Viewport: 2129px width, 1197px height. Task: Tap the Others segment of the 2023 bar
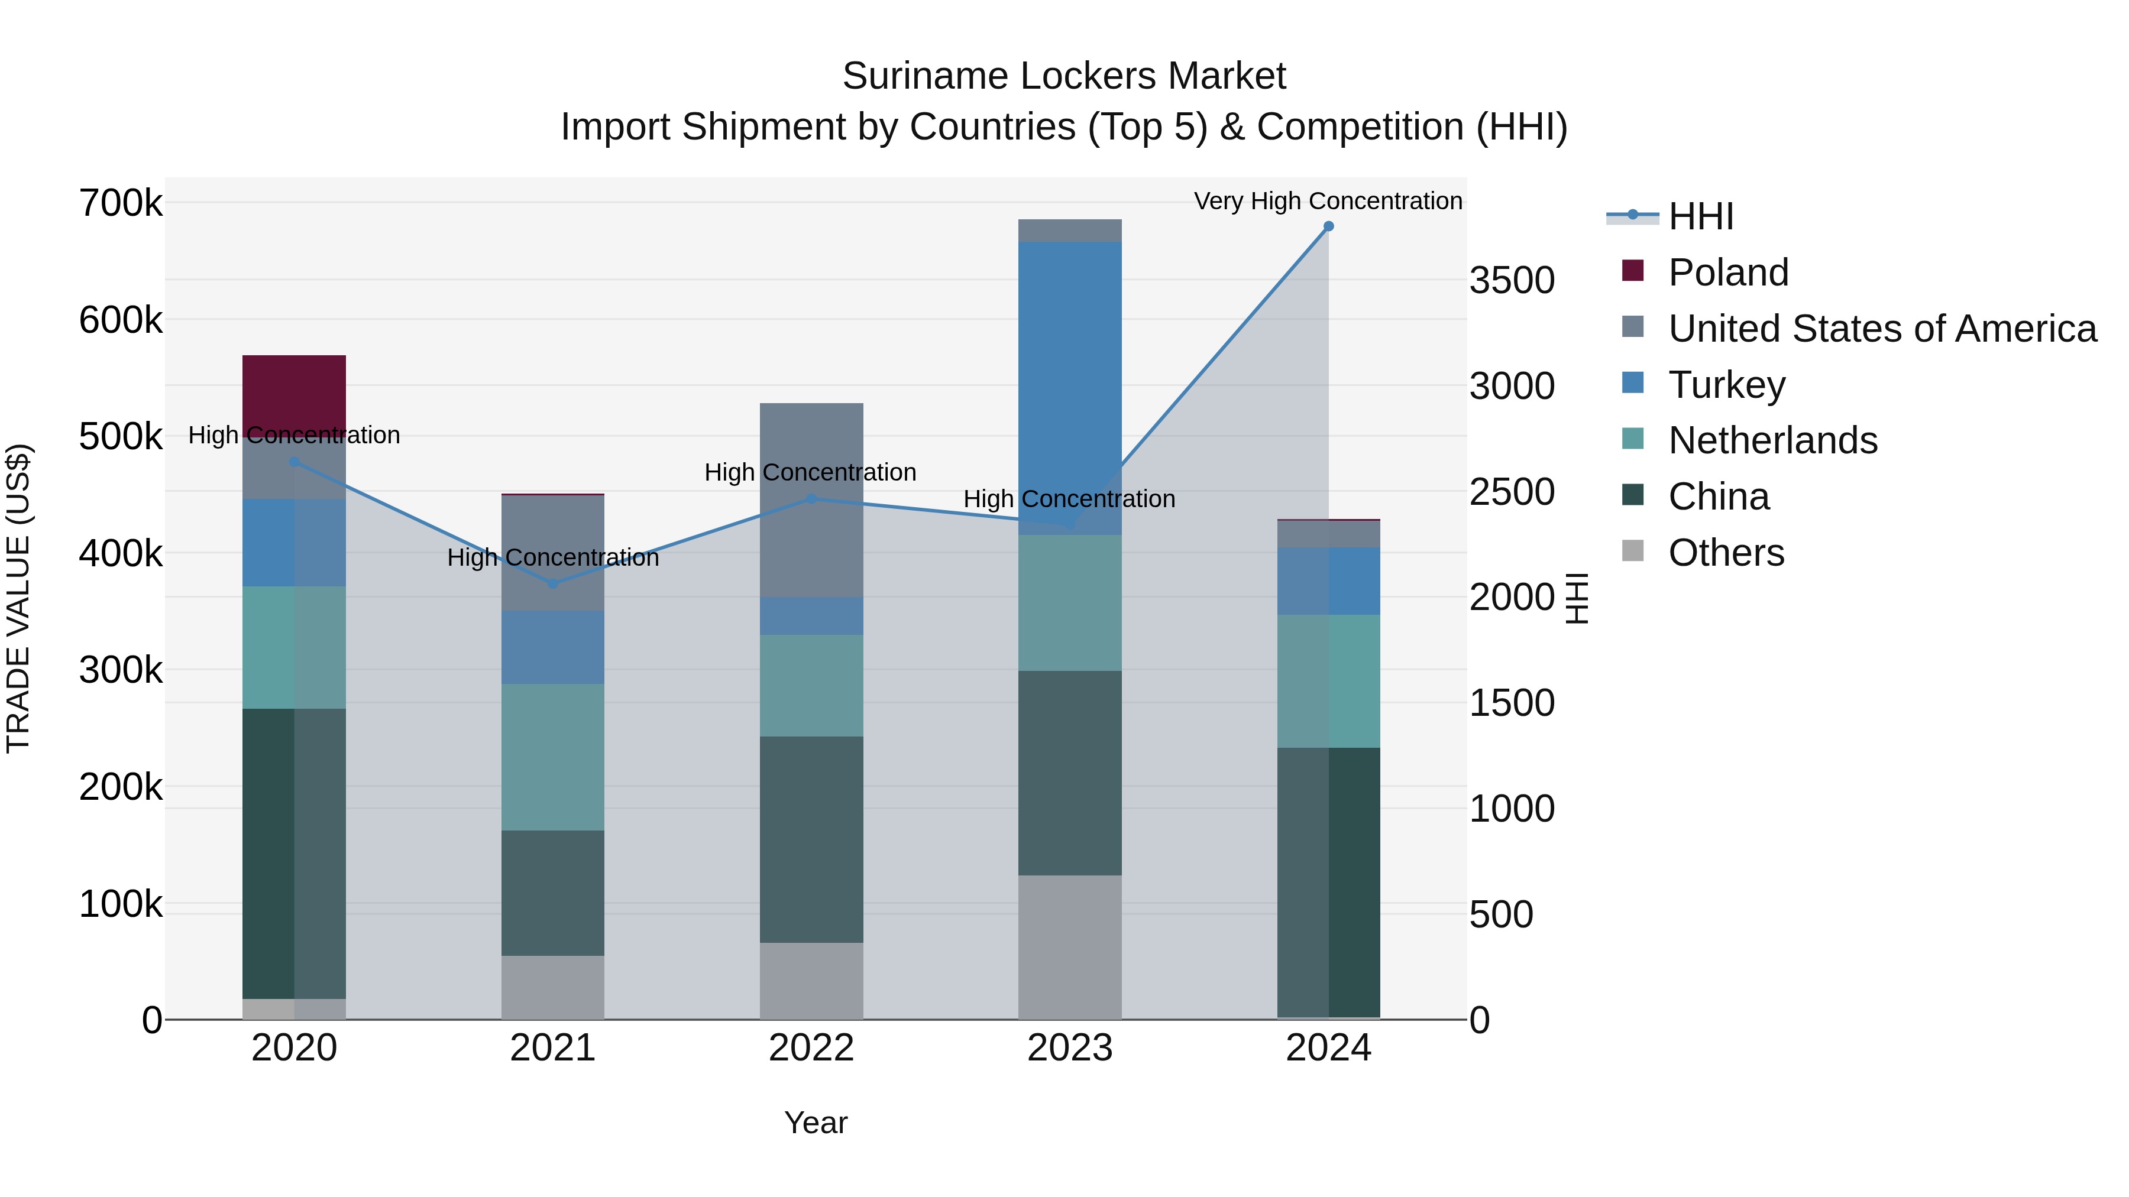pos(1069,947)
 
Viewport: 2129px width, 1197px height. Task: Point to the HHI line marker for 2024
pos(1328,226)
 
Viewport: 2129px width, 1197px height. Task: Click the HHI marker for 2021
pos(552,584)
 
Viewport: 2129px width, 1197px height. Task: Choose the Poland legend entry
pos(1727,273)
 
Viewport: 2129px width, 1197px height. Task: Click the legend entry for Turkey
pos(1726,385)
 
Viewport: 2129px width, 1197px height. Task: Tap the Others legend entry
pos(1726,553)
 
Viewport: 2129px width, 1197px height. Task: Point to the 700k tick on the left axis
pos(121,203)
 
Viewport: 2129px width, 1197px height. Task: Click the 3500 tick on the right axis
pos(1512,281)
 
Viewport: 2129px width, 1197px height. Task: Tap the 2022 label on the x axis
pos(811,1048)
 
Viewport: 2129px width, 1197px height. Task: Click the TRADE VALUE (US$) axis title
pos(18,598)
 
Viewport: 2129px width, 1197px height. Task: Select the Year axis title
pos(815,1123)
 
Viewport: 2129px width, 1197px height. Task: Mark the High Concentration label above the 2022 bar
pos(810,472)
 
